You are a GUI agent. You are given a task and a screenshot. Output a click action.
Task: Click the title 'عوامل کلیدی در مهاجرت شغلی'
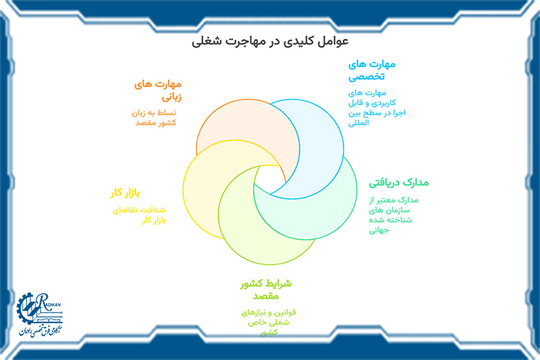click(x=270, y=42)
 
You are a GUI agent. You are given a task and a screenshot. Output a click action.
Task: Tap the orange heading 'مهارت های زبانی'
click(x=158, y=89)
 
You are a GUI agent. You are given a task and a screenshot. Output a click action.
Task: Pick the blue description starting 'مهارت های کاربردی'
click(x=367, y=107)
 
